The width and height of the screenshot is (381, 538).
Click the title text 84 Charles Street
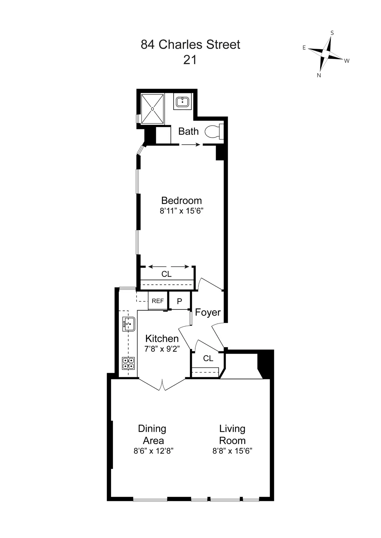point(190,45)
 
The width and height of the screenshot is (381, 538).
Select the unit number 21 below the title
point(190,60)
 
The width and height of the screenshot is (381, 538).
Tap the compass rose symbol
point(326,54)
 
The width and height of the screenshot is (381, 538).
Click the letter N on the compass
point(319,75)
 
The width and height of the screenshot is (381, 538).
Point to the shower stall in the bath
point(153,109)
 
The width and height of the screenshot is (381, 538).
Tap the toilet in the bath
point(213,132)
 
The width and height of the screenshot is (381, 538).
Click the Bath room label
point(188,131)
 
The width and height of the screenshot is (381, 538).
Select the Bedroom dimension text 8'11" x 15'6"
point(181,211)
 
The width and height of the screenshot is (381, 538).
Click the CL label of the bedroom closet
point(166,274)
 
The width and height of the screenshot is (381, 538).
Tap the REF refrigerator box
point(158,301)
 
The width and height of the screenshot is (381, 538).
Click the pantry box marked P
point(179,301)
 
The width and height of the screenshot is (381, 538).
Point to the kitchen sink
point(129,324)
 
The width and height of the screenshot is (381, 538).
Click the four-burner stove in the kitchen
point(129,363)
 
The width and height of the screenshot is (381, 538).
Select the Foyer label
point(208,312)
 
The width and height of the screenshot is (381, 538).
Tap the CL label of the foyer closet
point(208,358)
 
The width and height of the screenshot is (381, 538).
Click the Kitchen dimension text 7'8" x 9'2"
point(162,349)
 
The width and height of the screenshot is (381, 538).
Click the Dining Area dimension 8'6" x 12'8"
point(153,451)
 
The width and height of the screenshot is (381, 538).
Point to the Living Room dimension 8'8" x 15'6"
point(232,451)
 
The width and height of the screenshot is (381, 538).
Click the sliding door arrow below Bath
point(191,145)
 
